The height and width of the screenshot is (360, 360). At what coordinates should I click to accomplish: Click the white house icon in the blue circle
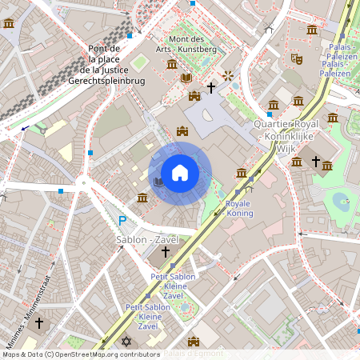(180, 173)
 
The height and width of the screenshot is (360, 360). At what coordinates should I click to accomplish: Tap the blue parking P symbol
(122, 221)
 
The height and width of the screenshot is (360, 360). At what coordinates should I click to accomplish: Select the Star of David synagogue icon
(126, 342)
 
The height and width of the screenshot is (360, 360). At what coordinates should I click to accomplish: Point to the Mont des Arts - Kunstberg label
(191, 45)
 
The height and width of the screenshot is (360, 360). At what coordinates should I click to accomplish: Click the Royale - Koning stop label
(239, 209)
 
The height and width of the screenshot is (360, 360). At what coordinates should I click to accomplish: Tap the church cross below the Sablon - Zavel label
(166, 252)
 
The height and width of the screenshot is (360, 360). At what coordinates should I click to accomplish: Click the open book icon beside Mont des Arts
(186, 78)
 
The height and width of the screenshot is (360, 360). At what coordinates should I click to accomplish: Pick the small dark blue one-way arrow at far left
(25, 128)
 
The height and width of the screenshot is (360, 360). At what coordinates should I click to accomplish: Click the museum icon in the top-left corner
(9, 23)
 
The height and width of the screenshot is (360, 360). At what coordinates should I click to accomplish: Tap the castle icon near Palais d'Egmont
(193, 342)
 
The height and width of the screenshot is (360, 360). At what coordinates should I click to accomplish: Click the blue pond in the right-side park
(341, 200)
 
